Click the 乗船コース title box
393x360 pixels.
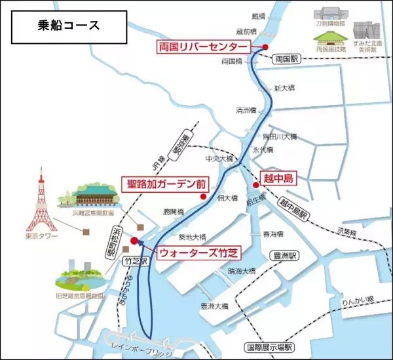(65, 26)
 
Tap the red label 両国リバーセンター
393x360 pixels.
(203, 47)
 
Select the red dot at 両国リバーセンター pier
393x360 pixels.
(265, 47)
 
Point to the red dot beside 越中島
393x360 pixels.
(255, 185)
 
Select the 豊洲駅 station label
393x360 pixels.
(285, 256)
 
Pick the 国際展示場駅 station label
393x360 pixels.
(269, 348)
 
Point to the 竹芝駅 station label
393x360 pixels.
(134, 261)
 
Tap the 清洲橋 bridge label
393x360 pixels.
(246, 110)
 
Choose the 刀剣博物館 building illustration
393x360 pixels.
(327, 14)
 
